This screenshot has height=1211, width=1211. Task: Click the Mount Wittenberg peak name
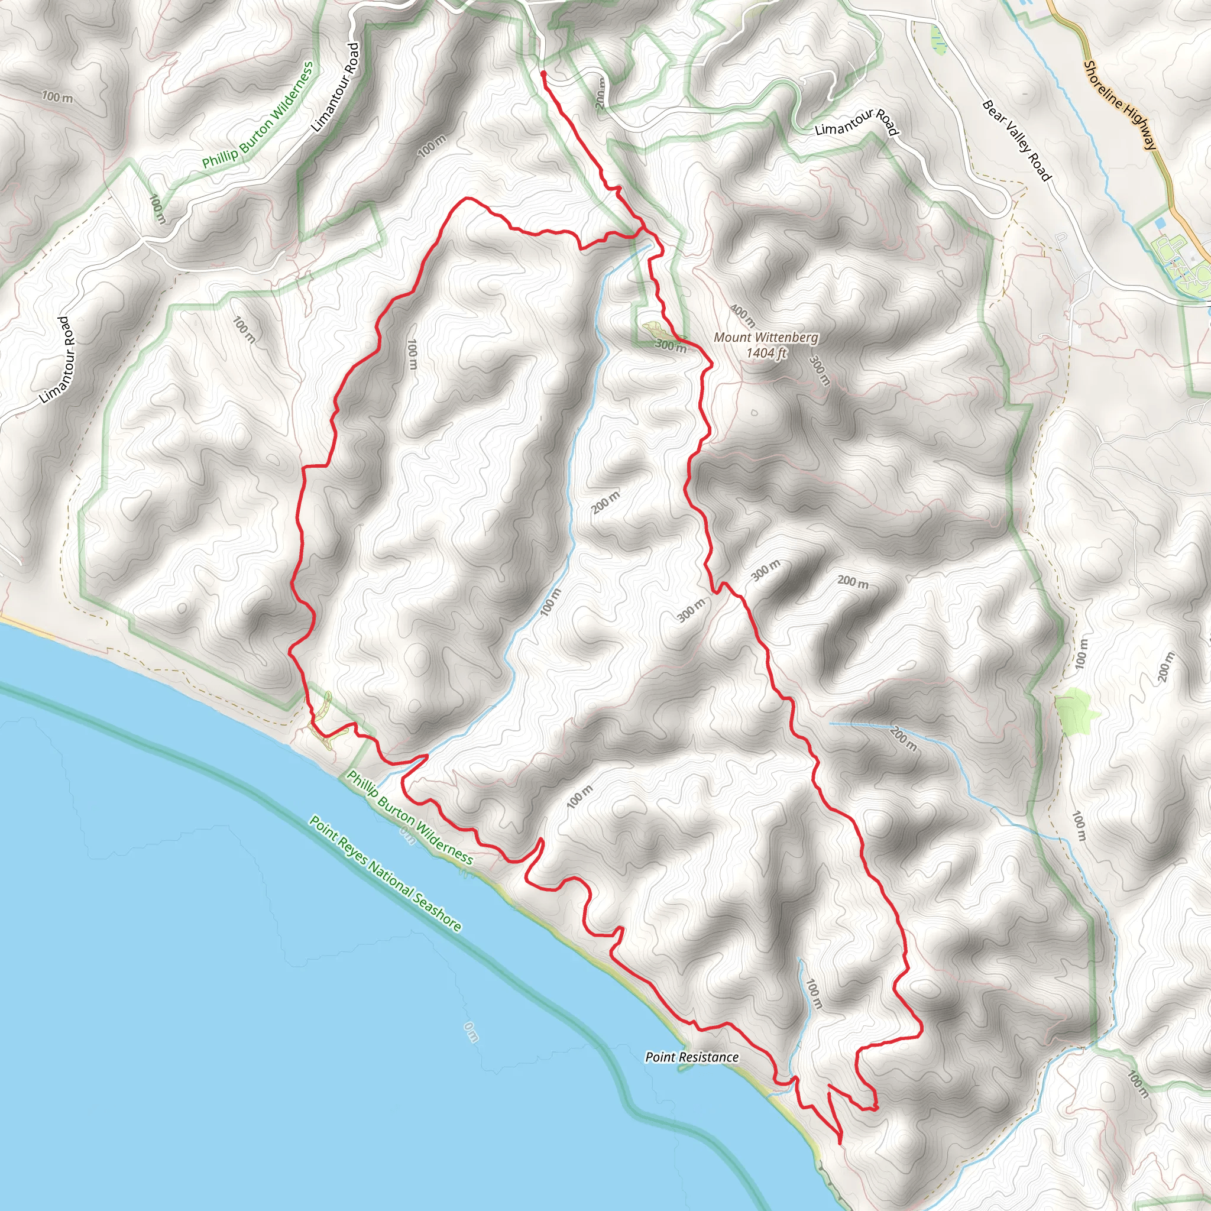(x=766, y=337)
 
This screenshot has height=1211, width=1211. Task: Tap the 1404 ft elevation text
(x=766, y=353)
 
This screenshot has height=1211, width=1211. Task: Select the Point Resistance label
(x=692, y=1057)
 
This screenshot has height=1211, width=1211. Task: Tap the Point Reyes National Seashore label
(x=386, y=873)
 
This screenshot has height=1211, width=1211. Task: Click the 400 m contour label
(x=743, y=315)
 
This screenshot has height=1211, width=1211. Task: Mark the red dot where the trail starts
(x=543, y=73)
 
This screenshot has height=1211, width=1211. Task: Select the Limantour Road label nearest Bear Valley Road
(x=857, y=122)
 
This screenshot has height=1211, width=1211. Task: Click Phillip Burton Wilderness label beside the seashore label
(x=410, y=818)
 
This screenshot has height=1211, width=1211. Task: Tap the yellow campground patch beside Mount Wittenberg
(x=653, y=328)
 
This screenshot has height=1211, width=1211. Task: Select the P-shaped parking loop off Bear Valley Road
(x=1062, y=239)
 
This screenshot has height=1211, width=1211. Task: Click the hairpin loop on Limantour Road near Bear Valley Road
(x=1005, y=204)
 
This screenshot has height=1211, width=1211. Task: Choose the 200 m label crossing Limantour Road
(x=601, y=93)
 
